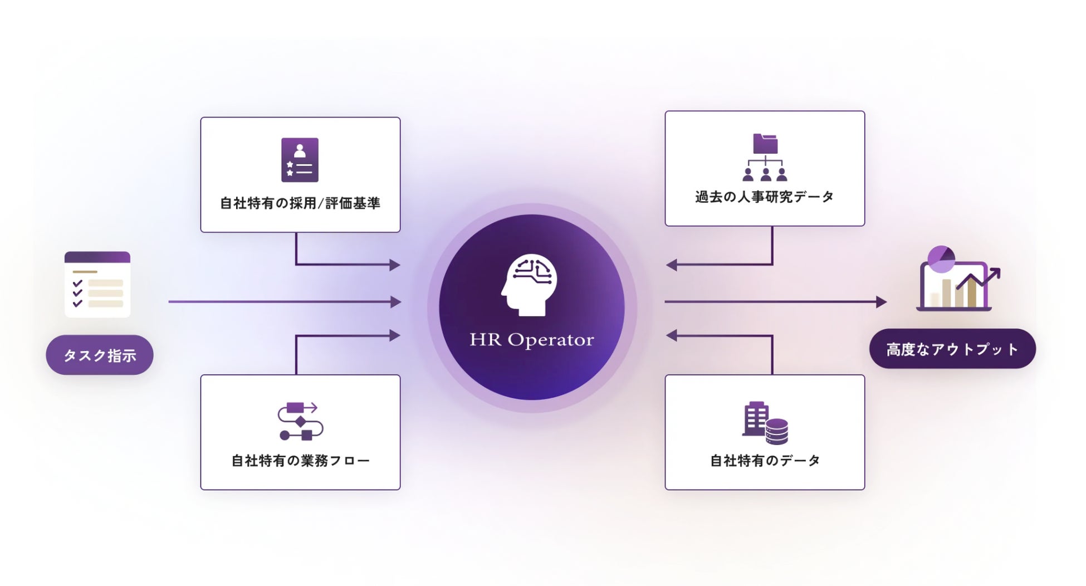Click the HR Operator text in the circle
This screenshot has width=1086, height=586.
click(x=531, y=339)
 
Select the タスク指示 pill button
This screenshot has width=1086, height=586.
click(x=100, y=355)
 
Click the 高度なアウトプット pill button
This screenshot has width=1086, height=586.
click(x=952, y=349)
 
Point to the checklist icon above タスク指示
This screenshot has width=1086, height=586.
click(x=97, y=285)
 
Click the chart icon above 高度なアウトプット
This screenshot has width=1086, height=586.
click(x=957, y=279)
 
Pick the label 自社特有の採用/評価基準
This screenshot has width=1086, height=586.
click(x=300, y=203)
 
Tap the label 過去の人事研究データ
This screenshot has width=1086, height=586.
click(x=764, y=197)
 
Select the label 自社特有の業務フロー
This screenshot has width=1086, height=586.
click(x=300, y=461)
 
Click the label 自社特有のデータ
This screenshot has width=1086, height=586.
click(x=765, y=461)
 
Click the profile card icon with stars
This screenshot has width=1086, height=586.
click(x=300, y=160)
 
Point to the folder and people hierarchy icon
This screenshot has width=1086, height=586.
click(x=765, y=158)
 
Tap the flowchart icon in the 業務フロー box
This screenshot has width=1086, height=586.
click(x=300, y=421)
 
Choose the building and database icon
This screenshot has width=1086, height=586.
click(x=765, y=423)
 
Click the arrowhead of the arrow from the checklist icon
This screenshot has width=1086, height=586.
click(x=396, y=302)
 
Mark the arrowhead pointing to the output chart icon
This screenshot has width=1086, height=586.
click(x=881, y=302)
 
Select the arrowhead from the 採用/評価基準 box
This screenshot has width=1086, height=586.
click(x=395, y=265)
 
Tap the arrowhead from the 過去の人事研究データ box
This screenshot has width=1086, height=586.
click(x=672, y=265)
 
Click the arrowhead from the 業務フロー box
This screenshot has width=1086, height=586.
click(x=395, y=335)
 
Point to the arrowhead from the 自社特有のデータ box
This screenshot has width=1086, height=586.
click(x=672, y=335)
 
